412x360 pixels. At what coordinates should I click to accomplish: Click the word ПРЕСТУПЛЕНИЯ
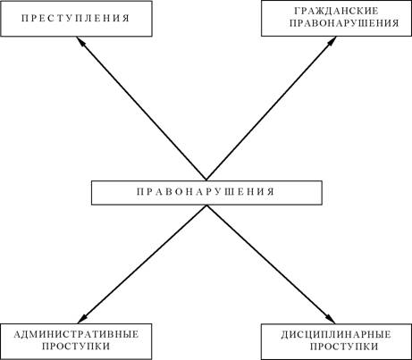click(76, 18)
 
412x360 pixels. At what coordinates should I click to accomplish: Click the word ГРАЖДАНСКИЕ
click(336, 11)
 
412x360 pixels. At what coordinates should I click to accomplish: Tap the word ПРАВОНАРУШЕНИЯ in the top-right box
click(344, 23)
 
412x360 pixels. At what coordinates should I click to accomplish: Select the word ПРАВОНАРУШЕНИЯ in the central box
click(206, 191)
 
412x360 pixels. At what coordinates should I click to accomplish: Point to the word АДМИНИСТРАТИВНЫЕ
click(76, 334)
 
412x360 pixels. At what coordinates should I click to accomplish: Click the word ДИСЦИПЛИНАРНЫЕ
click(336, 334)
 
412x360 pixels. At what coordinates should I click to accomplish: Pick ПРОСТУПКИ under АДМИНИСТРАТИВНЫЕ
click(76, 347)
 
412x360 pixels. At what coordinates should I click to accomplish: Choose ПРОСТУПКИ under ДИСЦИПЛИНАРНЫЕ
click(344, 347)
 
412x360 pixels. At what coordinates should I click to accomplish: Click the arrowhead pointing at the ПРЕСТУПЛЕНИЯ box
click(80, 41)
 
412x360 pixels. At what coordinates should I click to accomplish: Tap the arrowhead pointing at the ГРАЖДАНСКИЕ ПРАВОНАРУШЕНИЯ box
click(332, 41)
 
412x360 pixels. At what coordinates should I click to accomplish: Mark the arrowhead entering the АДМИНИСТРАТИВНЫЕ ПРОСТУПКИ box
click(82, 319)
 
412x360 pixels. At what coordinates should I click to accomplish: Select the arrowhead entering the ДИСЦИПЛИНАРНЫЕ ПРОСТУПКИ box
click(331, 319)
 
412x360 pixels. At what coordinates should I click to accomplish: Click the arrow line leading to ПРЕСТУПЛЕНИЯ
click(141, 108)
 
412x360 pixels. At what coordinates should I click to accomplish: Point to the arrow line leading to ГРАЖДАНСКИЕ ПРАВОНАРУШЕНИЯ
click(272, 108)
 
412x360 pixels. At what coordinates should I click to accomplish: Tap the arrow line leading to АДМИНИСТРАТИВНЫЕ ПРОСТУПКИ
click(142, 264)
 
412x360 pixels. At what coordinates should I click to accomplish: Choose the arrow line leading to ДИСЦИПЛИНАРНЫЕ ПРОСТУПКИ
click(271, 264)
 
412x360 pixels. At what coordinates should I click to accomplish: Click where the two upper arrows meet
click(206, 180)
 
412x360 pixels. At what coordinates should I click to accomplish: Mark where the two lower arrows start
click(206, 205)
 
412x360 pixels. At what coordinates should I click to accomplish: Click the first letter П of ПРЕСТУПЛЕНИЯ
click(25, 18)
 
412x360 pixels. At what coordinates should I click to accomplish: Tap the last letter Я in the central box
click(271, 191)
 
